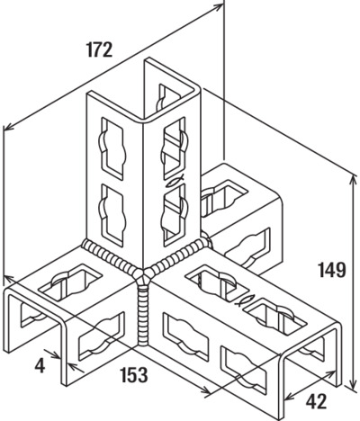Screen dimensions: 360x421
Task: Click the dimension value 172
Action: (x=99, y=49)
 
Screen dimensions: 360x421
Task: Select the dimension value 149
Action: (x=332, y=270)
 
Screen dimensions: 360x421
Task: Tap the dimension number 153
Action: (x=134, y=374)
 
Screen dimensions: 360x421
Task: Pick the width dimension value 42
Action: (x=316, y=393)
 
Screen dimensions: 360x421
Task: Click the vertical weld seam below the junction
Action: (x=143, y=315)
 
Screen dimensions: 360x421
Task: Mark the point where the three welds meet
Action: (x=142, y=274)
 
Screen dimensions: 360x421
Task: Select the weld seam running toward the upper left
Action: (x=111, y=255)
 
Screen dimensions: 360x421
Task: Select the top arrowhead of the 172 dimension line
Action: (x=218, y=7)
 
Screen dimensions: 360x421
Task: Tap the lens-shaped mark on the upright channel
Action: (x=173, y=181)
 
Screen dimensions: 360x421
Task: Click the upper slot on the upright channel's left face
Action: (x=112, y=148)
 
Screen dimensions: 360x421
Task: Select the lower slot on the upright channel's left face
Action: (x=112, y=215)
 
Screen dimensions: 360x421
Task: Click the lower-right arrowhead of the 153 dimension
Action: (x=206, y=389)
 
